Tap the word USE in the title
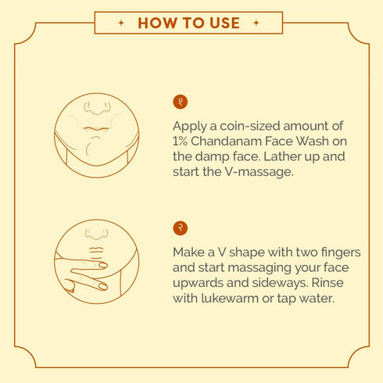[x=222, y=23]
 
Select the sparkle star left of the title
[x=120, y=23]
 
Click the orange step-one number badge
[x=181, y=102]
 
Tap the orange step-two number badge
[x=181, y=228]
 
